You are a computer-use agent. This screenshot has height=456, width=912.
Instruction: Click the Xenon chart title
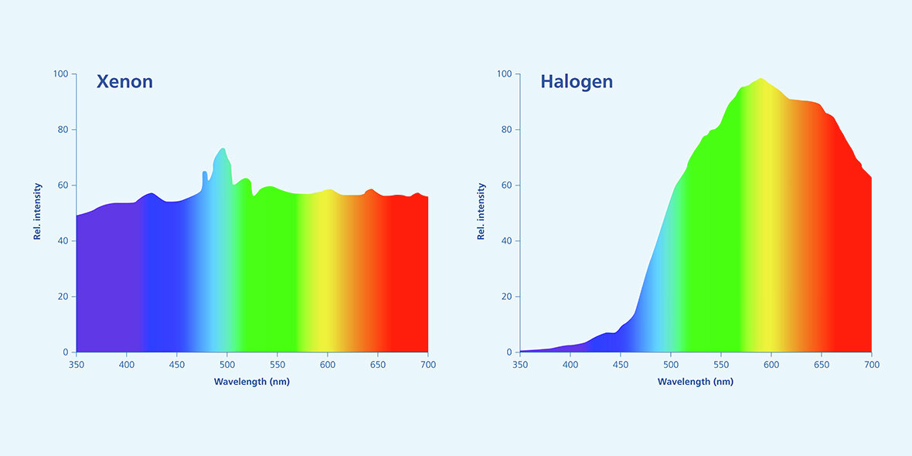(x=124, y=81)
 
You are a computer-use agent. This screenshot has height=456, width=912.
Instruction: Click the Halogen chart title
(x=576, y=81)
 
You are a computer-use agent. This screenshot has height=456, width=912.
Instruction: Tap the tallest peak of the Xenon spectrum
(x=223, y=148)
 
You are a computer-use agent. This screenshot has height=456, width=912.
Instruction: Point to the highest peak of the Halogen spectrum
(x=761, y=79)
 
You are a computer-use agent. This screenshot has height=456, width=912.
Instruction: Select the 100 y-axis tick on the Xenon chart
(x=60, y=74)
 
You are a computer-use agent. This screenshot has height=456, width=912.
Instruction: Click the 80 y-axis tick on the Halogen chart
(x=506, y=130)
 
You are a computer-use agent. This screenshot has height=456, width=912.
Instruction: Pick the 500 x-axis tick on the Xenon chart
(x=226, y=364)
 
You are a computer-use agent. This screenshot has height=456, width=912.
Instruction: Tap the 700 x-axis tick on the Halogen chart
(x=871, y=364)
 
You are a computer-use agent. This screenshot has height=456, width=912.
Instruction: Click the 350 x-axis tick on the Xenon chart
(x=77, y=364)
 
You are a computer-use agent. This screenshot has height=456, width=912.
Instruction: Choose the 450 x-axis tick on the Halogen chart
(x=621, y=364)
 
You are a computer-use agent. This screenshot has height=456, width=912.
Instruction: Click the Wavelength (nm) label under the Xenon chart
(x=251, y=382)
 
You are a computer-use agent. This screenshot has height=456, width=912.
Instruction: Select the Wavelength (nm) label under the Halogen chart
(x=696, y=382)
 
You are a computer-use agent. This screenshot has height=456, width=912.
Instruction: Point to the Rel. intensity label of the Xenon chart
(x=37, y=211)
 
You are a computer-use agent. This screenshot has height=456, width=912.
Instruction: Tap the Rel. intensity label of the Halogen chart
(x=481, y=211)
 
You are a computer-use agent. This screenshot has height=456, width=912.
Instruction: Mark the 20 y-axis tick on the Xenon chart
(x=63, y=297)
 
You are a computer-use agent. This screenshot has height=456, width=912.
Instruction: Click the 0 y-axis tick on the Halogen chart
(x=509, y=352)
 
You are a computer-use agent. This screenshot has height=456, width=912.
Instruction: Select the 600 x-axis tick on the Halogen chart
(x=771, y=364)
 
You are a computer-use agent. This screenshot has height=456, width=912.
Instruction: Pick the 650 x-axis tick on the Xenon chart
(x=377, y=364)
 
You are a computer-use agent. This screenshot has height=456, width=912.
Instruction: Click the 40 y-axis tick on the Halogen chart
(x=506, y=241)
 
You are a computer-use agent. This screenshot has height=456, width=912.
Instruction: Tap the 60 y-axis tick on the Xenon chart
(x=63, y=185)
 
